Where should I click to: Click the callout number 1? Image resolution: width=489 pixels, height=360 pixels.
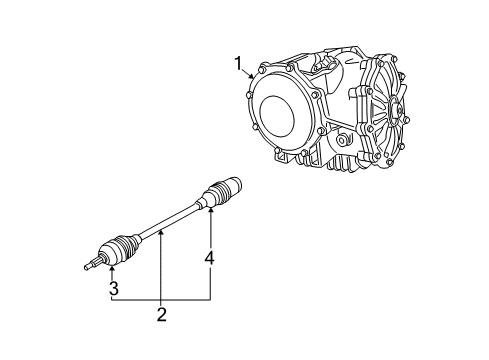point(238,65)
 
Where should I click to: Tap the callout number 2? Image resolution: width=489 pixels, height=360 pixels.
point(160,317)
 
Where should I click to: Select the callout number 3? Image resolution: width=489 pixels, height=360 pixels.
point(113,288)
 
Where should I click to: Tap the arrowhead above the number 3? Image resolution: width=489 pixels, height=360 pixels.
point(113,266)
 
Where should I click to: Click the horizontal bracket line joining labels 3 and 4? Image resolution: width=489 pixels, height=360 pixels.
point(160,299)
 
